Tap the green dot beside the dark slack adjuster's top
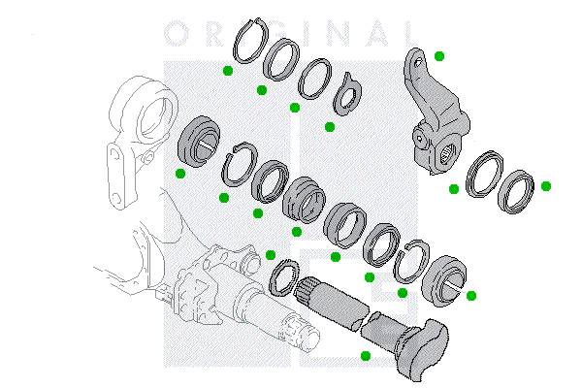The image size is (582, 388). tap(439, 56)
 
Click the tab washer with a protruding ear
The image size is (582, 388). tap(347, 94)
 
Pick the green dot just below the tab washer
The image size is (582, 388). tap(330, 127)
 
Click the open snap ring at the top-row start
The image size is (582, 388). tap(250, 40)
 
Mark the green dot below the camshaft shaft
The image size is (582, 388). tap(366, 356)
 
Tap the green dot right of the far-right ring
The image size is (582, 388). tap(545, 186)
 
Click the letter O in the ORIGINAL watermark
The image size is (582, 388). tap(176, 33)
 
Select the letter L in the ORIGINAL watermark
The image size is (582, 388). tap(408, 33)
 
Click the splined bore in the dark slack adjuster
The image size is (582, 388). tap(446, 155)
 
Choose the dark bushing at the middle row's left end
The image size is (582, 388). tap(199, 140)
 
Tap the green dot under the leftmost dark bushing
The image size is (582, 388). tap(180, 174)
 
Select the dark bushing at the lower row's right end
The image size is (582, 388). tap(444, 280)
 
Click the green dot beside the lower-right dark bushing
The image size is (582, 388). tap(471, 296)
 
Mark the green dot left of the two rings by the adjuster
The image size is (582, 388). tap(454, 189)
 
